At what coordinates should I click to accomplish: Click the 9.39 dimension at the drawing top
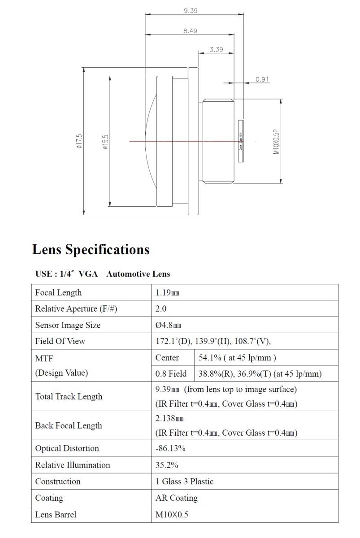pyautogui.click(x=191, y=10)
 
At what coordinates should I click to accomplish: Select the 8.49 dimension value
pyautogui.click(x=190, y=31)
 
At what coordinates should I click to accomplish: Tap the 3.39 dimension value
pyautogui.click(x=216, y=49)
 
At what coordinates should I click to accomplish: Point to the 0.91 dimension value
pyautogui.click(x=262, y=79)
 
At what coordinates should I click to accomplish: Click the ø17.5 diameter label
pyautogui.click(x=79, y=141)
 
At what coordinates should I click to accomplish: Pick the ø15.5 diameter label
pyautogui.click(x=105, y=141)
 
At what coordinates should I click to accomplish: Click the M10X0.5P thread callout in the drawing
pyautogui.click(x=276, y=141)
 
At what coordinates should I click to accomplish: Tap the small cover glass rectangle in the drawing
pyautogui.click(x=241, y=141)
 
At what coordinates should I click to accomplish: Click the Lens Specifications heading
pyautogui.click(x=91, y=249)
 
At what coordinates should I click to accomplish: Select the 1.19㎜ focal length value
pyautogui.click(x=167, y=293)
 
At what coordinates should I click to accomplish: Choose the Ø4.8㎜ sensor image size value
pyautogui.click(x=168, y=325)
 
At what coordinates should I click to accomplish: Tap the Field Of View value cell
pyautogui.click(x=213, y=341)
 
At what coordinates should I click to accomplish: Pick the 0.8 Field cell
pyautogui.click(x=171, y=373)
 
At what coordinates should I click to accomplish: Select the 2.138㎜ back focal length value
pyautogui.click(x=169, y=418)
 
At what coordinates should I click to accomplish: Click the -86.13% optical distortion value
pyautogui.click(x=170, y=448)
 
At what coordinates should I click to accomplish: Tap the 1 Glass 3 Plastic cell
pyautogui.click(x=184, y=482)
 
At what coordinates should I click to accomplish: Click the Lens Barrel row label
pyautogui.click(x=56, y=515)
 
